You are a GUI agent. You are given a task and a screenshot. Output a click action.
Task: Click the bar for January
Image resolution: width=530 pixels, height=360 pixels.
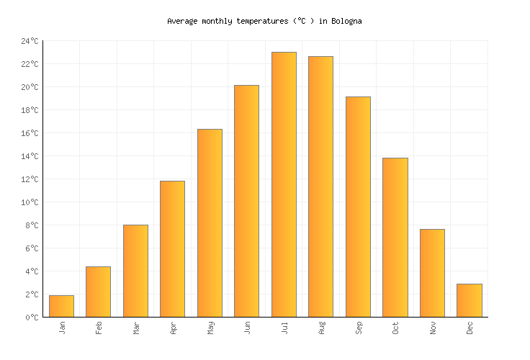tap(61, 306)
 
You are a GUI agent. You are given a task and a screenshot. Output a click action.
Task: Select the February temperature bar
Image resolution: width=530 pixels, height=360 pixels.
tap(98, 292)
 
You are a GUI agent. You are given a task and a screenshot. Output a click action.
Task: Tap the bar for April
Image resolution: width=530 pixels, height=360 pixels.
tap(172, 248)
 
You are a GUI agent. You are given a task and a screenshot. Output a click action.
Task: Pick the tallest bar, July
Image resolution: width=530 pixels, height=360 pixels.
tap(284, 184)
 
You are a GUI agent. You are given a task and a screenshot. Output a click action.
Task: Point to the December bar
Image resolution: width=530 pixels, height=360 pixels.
tap(469, 300)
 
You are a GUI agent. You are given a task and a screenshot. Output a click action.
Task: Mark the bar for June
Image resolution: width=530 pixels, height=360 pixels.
tap(246, 201)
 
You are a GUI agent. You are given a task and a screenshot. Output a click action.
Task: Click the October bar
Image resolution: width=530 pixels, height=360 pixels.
tap(395, 237)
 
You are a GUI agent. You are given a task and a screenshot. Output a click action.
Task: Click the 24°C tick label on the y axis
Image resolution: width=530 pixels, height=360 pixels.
tap(30, 41)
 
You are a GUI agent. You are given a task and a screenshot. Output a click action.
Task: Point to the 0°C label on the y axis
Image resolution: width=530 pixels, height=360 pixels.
tap(32, 318)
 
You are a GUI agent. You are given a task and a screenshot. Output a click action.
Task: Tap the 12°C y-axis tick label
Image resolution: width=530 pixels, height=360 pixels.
tap(30, 179)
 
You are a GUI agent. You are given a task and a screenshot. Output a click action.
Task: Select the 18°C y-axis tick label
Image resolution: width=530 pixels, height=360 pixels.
tap(30, 110)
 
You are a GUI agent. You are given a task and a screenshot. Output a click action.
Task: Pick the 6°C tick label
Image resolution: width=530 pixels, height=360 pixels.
tap(32, 248)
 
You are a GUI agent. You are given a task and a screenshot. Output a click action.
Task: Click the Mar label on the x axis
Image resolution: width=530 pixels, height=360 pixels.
tap(136, 328)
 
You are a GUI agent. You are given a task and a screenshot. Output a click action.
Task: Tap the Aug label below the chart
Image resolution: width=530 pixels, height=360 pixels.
tap(321, 328)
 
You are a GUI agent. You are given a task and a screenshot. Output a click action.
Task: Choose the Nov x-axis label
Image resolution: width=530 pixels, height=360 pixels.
tap(433, 328)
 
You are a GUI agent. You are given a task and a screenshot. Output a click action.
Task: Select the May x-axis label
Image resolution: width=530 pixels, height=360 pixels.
tap(210, 328)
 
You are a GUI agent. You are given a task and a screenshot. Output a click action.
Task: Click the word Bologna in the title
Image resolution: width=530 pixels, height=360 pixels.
tap(346, 22)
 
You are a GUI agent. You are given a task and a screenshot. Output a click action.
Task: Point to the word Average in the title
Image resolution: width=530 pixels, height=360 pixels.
tap(182, 22)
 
